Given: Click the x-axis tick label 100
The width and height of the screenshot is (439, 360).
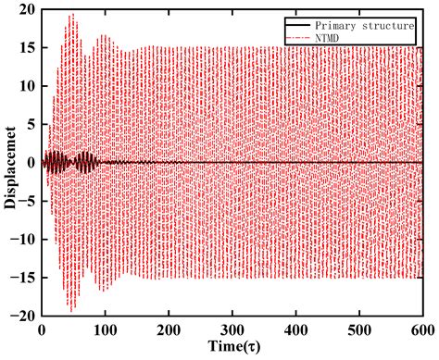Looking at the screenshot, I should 105,329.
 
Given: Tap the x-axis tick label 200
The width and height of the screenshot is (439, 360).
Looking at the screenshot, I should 169,329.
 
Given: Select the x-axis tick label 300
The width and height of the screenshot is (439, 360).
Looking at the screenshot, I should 232,329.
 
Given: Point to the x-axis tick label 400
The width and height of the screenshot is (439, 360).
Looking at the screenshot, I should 295,329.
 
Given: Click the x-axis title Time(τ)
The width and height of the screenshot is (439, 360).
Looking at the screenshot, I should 231,348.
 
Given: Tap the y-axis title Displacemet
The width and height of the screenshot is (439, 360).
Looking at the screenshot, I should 8,162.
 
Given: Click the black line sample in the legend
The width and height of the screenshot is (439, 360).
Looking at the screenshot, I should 287,25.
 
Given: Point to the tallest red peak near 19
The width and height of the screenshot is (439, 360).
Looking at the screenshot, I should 71,15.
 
